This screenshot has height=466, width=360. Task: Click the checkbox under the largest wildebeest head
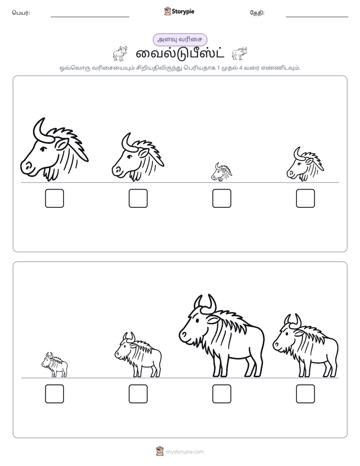pos(54,198)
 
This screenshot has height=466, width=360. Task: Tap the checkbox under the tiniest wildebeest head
pos(221,198)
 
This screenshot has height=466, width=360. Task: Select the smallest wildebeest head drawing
pos(221,172)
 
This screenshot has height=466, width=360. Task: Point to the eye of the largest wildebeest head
pos(43,149)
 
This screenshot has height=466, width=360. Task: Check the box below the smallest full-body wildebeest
pos(54,394)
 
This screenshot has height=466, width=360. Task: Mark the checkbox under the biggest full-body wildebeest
pos(221,394)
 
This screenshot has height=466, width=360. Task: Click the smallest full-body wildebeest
pos(54,365)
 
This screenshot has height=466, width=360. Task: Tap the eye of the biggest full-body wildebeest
pos(197,320)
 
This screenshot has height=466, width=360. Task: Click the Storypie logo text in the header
pos(183,12)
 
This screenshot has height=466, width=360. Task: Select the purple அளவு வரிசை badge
pos(179,39)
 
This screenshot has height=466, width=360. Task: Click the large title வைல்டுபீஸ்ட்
pos(180,54)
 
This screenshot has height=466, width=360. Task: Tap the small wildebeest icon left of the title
pos(120,54)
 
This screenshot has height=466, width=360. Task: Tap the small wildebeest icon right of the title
pos(239,53)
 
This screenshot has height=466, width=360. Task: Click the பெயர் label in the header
pos(21,13)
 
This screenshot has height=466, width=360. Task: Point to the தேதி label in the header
pos(257,13)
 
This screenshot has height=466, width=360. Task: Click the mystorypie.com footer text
pos(185,452)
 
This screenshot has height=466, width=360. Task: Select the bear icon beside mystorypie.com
pos(160,451)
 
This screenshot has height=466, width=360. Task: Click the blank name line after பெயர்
pos(90,17)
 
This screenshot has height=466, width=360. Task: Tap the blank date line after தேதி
pos(317,17)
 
